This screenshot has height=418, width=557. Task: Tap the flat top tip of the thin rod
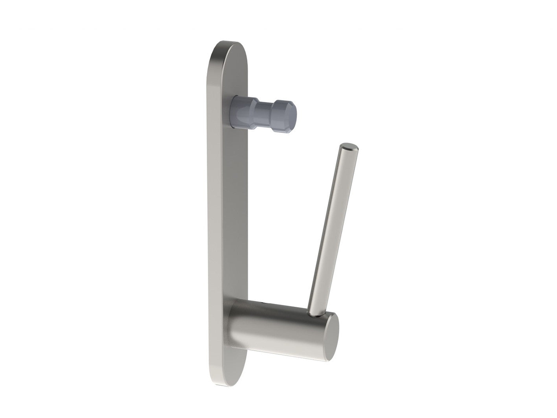click(349, 147)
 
